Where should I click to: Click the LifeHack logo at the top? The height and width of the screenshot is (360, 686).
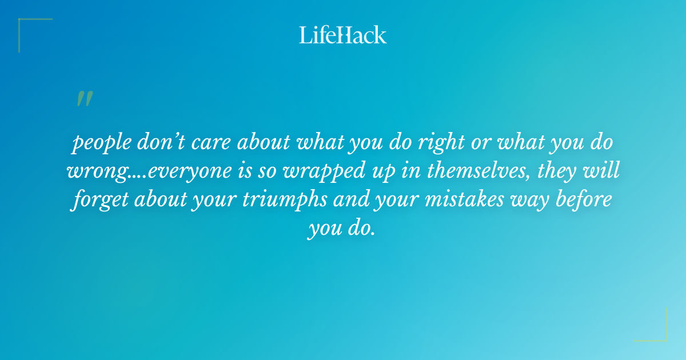tap(343, 35)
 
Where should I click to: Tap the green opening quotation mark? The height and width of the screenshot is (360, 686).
tap(84, 99)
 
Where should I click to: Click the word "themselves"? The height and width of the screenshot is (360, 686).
tap(440, 171)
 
